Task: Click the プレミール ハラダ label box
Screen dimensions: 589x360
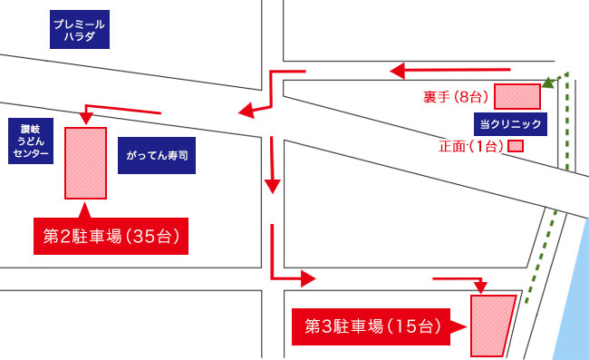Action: [x=80, y=29]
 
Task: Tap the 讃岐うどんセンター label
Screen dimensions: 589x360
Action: [x=31, y=141]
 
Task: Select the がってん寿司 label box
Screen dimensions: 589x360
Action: [x=157, y=155]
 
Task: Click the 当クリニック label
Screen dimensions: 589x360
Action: [x=510, y=124]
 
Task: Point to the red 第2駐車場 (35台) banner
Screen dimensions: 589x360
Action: [x=111, y=236]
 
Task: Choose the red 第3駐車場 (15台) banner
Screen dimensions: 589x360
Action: [x=372, y=326]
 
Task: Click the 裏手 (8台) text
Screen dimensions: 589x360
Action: [x=456, y=97]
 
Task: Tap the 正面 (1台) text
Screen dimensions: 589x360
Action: [x=471, y=146]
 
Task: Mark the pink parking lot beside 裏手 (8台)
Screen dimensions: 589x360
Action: [x=517, y=97]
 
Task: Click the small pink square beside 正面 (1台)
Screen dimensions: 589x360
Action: [x=516, y=146]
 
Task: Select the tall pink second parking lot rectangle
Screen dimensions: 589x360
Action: [x=86, y=163]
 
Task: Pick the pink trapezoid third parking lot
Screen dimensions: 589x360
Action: [x=492, y=326]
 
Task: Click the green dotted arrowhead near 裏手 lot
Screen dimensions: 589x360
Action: [x=548, y=83]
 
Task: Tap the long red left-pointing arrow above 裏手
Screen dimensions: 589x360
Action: [x=450, y=71]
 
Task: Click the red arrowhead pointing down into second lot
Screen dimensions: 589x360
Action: [x=86, y=119]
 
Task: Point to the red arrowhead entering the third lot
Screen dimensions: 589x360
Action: [x=480, y=287]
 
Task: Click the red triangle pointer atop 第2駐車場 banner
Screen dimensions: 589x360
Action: [x=85, y=211]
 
